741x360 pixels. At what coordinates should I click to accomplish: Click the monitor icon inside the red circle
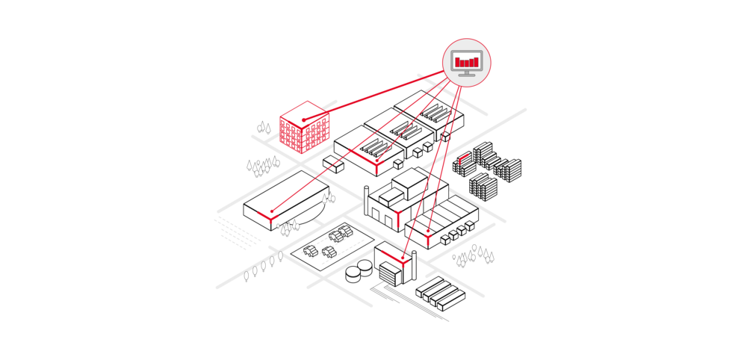click(467, 63)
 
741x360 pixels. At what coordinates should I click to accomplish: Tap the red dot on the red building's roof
click(304, 120)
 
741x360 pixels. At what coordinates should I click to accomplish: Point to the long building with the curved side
click(284, 200)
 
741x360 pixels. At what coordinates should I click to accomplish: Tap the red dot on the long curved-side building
click(272, 212)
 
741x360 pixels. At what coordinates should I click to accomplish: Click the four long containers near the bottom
click(440, 294)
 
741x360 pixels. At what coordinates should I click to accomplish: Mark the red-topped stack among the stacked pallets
click(464, 159)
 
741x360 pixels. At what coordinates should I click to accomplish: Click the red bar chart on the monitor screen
click(467, 61)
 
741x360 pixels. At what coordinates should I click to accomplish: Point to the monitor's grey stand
click(467, 73)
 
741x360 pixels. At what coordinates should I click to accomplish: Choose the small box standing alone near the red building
click(333, 164)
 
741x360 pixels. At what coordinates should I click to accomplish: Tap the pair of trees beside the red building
click(264, 128)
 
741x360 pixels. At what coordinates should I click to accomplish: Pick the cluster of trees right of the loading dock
click(474, 258)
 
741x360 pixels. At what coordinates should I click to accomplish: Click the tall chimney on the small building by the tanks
click(413, 267)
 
